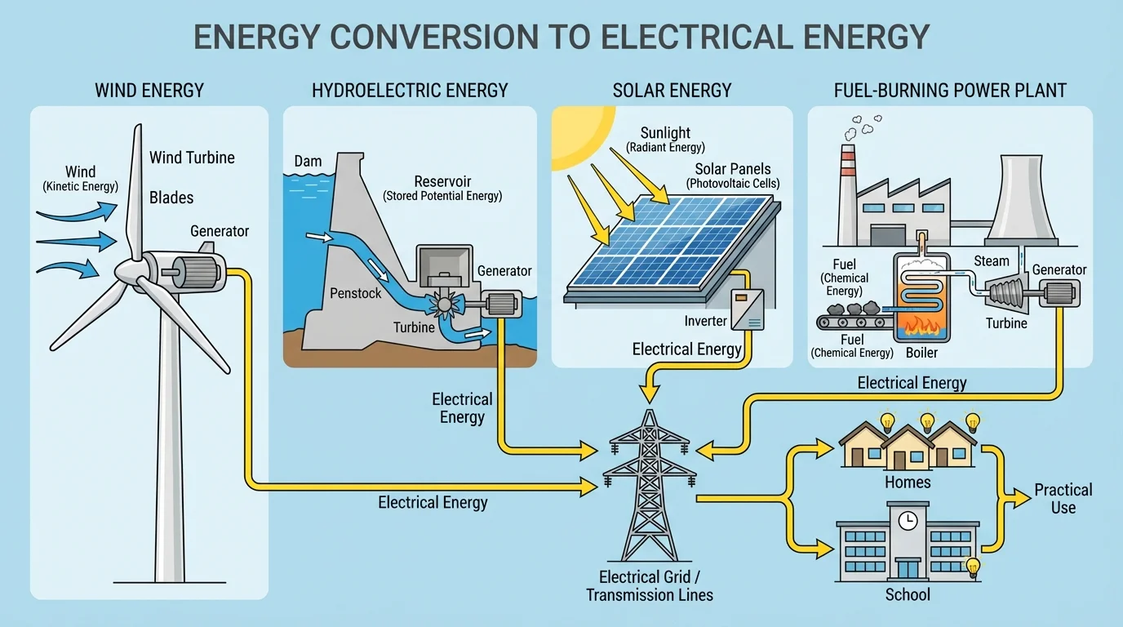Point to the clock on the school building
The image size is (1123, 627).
tap(908, 519)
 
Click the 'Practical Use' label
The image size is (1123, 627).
tap(1063, 498)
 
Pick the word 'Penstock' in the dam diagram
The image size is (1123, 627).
tap(355, 293)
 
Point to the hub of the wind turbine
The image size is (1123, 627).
tap(129, 270)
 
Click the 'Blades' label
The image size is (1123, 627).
tap(171, 198)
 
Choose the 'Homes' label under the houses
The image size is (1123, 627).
tap(908, 482)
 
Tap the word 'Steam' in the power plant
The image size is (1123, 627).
tap(992, 261)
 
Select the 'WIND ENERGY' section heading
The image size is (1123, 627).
tap(149, 90)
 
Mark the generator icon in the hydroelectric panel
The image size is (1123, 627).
tap(496, 304)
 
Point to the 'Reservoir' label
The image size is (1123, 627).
tap(442, 181)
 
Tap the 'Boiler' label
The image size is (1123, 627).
tap(921, 353)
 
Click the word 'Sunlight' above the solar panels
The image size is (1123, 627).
tap(665, 132)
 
